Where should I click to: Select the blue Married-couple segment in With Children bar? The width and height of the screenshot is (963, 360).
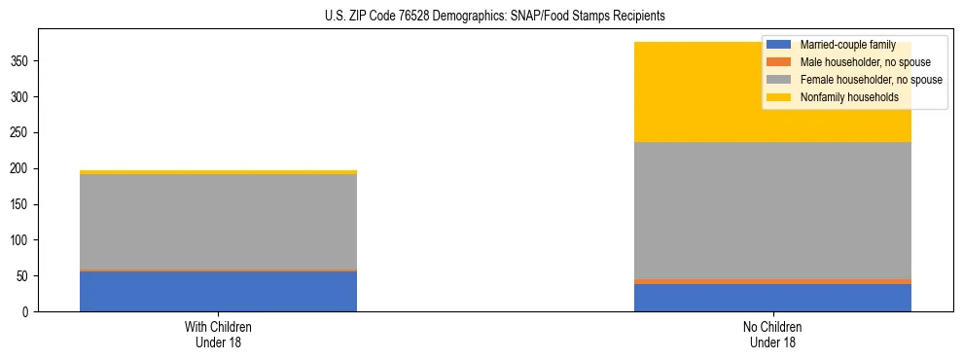(x=218, y=291)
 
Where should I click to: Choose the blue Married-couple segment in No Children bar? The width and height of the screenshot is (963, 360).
(x=772, y=298)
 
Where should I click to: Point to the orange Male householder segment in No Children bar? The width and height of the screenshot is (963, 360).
(x=772, y=281)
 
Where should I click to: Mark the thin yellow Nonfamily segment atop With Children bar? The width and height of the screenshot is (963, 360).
(x=218, y=172)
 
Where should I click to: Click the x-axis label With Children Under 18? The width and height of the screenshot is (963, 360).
(x=218, y=334)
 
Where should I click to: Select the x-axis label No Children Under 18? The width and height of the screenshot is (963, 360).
(x=772, y=334)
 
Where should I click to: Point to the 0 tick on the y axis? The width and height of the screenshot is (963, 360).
(x=26, y=311)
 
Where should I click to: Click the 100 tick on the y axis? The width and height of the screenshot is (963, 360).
(x=20, y=240)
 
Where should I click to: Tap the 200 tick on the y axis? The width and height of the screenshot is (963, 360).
(x=20, y=168)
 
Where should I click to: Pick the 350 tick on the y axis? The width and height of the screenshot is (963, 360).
(x=20, y=61)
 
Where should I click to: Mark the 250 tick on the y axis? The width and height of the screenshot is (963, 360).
(x=20, y=133)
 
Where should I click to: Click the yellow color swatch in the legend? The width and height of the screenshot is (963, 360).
(x=779, y=97)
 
